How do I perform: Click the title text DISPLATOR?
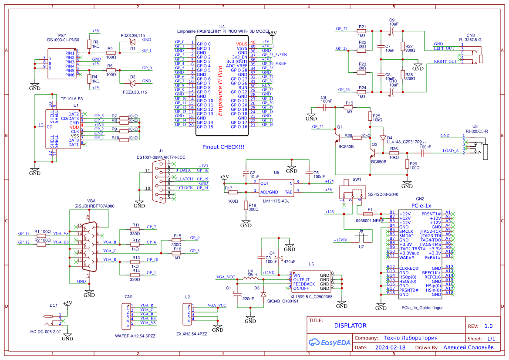click(x=350, y=326)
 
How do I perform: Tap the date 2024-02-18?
click(x=390, y=348)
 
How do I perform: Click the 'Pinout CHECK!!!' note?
click(x=223, y=147)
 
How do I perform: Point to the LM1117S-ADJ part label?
click(x=276, y=201)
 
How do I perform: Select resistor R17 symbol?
click(x=233, y=192)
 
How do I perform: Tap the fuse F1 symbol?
click(x=368, y=214)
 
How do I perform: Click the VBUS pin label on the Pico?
click(x=242, y=44)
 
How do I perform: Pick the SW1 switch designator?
click(x=357, y=179)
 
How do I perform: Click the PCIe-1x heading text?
click(x=421, y=205)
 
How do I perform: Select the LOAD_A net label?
click(x=450, y=151)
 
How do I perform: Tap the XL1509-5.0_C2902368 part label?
click(x=312, y=297)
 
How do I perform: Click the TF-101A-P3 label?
click(x=72, y=99)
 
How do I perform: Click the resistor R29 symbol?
click(x=407, y=165)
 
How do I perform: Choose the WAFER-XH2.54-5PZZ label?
click(x=135, y=336)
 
